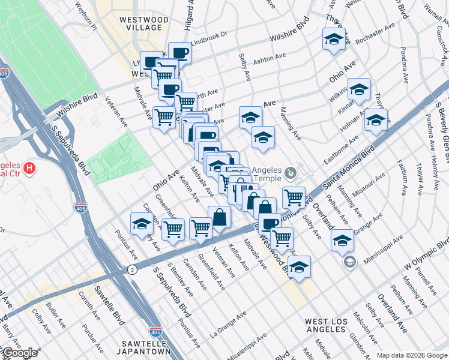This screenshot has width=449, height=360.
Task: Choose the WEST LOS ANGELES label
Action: point(327,326)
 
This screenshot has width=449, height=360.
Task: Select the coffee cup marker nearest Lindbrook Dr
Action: point(179,53)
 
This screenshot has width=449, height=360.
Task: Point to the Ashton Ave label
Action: point(268,59)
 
